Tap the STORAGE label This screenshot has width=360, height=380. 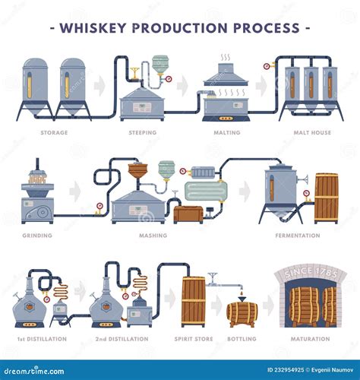tap(54, 132)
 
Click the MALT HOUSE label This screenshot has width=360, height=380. tap(311, 132)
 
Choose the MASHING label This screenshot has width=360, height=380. tap(153, 236)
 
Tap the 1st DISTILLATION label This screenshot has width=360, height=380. tap(42, 338)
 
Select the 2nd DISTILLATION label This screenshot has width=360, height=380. tap(121, 338)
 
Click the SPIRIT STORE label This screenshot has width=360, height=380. tap(194, 338)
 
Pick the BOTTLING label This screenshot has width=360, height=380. tap(242, 338)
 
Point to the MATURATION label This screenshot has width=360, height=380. tap(311, 338)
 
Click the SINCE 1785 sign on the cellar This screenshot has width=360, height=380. tap(310, 273)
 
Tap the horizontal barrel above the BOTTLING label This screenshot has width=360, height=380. tap(242, 311)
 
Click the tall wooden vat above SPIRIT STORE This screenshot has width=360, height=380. tap(194, 302)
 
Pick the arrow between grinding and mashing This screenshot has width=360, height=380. tap(75, 192)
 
